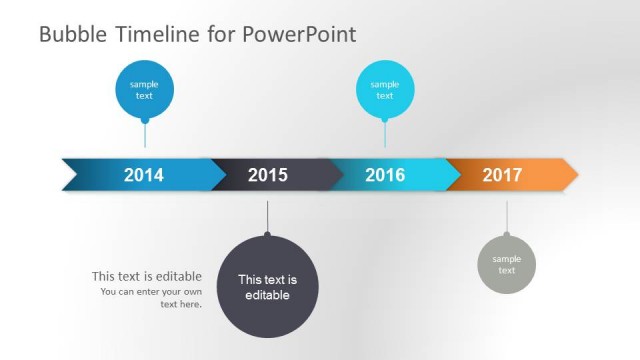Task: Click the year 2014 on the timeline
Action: pos(144,175)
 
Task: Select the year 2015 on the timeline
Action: pos(267,175)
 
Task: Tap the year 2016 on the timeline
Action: pos(385,175)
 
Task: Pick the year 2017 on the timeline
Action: pos(502,175)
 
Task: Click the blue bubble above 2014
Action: pos(145,89)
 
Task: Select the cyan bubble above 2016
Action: pos(385,89)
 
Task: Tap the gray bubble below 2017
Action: pos(506,265)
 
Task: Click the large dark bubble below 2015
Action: pos(267,287)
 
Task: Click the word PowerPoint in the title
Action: pos(299,35)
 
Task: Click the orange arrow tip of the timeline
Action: pos(570,174)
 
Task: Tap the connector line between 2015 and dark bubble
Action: pos(267,216)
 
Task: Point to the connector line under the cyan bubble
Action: pos(385,134)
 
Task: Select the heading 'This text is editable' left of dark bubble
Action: pos(147,276)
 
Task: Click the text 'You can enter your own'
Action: pos(151,292)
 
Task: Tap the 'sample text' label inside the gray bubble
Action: pos(506,265)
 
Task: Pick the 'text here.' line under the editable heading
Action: pos(181,304)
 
